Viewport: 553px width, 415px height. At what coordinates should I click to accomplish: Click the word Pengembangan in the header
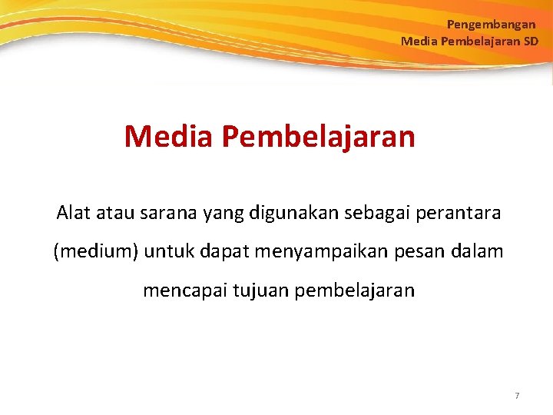click(x=491, y=25)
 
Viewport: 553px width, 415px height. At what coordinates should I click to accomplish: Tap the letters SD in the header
click(x=531, y=41)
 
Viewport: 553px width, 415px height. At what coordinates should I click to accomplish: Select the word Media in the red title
click(x=168, y=137)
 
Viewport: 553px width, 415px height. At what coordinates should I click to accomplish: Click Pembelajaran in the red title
click(x=319, y=137)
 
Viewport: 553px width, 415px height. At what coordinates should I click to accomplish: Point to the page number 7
click(x=517, y=396)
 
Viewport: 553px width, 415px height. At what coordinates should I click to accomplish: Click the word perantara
click(x=459, y=212)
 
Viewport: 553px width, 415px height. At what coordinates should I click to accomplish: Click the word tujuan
click(x=257, y=291)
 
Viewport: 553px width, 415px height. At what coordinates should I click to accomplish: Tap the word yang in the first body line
click(x=221, y=213)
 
